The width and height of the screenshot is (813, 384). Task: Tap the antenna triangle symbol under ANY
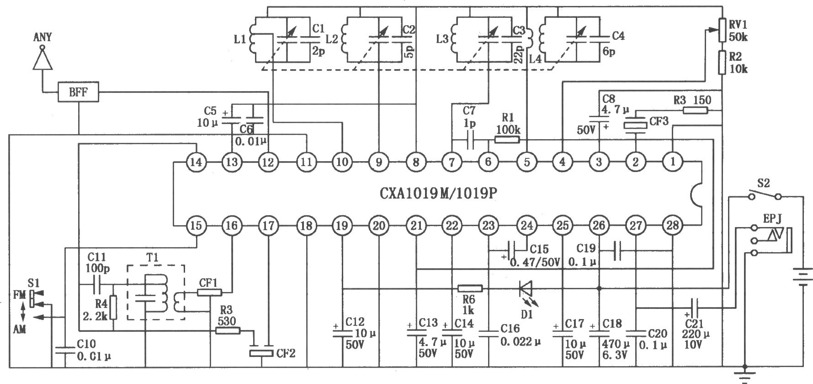(x=43, y=59)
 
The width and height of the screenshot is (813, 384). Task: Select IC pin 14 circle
(x=196, y=162)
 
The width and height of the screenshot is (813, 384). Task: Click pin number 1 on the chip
(x=672, y=162)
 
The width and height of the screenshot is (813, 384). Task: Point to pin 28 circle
(x=672, y=225)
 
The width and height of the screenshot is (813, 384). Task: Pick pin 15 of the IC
(x=196, y=225)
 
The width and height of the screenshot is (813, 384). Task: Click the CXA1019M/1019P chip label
(x=438, y=193)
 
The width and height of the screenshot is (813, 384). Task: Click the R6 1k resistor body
(x=470, y=288)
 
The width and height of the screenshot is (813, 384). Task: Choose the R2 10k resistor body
(x=722, y=63)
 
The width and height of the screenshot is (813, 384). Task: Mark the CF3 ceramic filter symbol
(x=636, y=124)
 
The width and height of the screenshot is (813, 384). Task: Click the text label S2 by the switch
(x=764, y=184)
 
